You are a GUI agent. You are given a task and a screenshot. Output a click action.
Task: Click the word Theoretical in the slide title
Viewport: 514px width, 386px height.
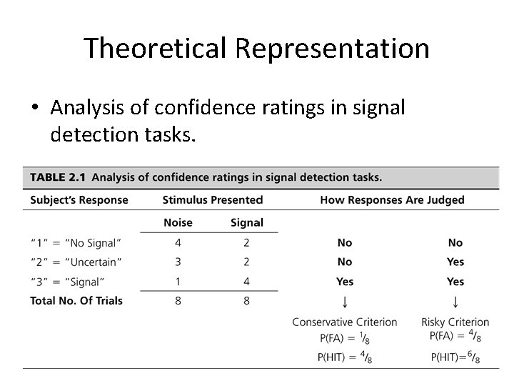(x=155, y=49)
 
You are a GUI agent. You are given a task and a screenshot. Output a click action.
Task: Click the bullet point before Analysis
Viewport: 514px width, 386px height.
(x=34, y=108)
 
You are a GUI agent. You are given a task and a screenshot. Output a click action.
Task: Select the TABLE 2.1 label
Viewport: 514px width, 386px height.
(x=56, y=177)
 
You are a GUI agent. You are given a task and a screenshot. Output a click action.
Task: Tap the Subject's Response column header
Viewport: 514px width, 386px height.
(x=79, y=200)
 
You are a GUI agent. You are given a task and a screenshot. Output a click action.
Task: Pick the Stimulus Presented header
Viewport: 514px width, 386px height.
(x=213, y=200)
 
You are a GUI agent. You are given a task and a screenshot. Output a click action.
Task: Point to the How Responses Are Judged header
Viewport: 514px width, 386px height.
(x=393, y=200)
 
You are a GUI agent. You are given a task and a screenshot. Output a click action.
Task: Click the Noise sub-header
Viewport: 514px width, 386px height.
(x=178, y=223)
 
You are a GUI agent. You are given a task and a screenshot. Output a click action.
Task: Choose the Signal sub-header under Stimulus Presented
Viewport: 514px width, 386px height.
(x=247, y=223)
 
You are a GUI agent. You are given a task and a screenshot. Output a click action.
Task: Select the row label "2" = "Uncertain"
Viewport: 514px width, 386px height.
(x=76, y=262)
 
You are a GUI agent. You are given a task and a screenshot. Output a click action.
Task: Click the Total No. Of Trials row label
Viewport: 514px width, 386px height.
(x=76, y=301)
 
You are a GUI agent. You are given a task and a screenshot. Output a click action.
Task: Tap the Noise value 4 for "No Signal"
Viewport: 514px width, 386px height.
(x=178, y=243)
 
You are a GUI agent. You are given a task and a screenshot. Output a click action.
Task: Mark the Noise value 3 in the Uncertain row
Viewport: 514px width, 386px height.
(x=178, y=262)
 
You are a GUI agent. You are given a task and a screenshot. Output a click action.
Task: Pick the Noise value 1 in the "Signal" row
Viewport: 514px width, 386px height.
(x=178, y=281)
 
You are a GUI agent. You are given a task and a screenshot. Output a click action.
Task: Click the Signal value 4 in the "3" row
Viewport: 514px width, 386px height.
(x=247, y=281)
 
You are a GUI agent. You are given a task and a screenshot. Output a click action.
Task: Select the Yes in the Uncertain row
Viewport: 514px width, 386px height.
(x=455, y=262)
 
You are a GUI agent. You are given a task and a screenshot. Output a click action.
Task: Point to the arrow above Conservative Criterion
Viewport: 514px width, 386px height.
(x=345, y=302)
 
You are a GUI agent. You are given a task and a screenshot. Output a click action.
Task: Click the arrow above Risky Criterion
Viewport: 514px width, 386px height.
(x=455, y=302)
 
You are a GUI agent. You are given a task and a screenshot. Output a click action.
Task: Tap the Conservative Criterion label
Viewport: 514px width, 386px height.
(x=345, y=322)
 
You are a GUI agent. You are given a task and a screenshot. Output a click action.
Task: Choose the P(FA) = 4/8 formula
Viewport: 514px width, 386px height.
(x=455, y=336)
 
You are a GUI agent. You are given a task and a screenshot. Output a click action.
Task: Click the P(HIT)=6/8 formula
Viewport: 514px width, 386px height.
(x=455, y=357)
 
